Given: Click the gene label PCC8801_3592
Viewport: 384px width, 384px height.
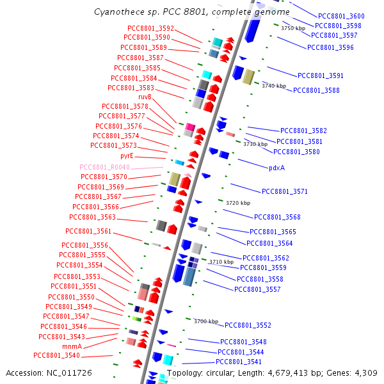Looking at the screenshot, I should pos(150,28).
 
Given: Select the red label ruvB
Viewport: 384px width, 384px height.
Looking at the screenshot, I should pos(145,97).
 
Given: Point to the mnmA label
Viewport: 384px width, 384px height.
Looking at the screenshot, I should pos(72,346).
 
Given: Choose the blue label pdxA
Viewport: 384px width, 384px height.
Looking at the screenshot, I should pos(276,168).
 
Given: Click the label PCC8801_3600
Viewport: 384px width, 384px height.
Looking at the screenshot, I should pos(341,16).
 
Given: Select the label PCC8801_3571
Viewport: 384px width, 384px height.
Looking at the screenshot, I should pos(285,191).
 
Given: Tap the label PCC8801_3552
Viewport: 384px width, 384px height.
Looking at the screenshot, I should pos(248,325).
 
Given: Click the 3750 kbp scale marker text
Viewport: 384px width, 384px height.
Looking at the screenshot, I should pos(293,28).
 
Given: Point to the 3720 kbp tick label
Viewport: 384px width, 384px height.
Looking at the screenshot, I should pos(237,202).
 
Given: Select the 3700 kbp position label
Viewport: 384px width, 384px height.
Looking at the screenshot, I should pos(206,321).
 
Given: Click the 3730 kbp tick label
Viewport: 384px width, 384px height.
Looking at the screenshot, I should pos(255,144).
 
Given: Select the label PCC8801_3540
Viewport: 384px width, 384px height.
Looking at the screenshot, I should pos(57,355).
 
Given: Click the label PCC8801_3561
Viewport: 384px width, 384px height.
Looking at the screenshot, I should pos(88,231).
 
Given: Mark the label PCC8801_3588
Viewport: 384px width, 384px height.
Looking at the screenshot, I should pos(316,90).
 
